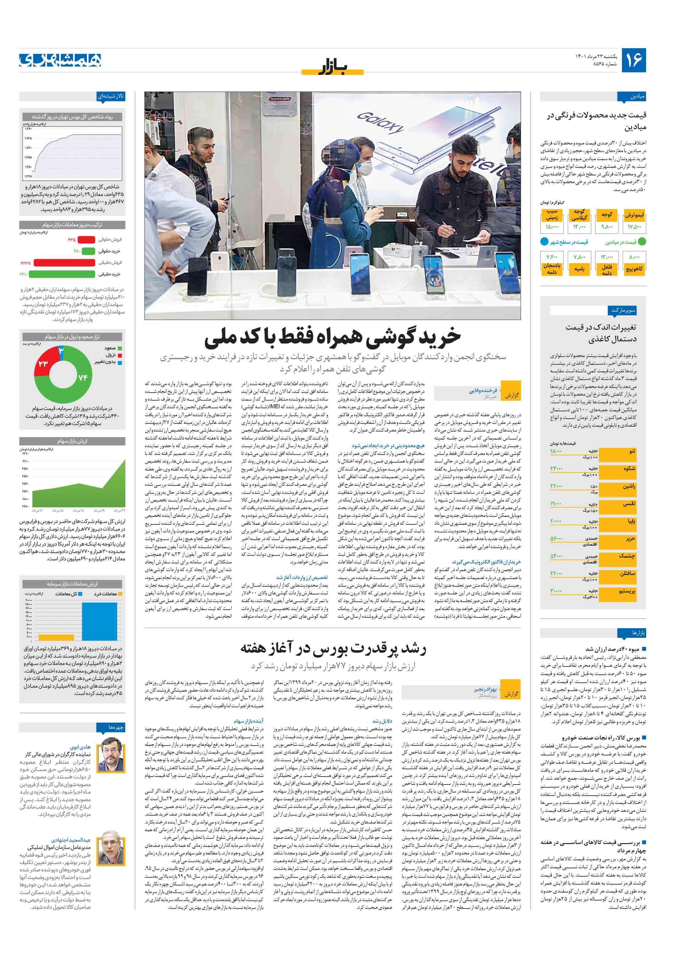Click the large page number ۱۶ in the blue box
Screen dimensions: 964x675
[633, 60]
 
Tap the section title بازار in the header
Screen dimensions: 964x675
[332, 67]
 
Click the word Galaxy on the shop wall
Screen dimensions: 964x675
[380, 122]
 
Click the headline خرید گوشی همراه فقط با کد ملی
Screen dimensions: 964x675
[332, 337]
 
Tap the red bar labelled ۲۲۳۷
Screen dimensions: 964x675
[64, 263]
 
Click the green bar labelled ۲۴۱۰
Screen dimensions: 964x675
[61, 274]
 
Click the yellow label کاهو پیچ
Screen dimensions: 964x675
[634, 269]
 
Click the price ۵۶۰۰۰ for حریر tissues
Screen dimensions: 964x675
[557, 538]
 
